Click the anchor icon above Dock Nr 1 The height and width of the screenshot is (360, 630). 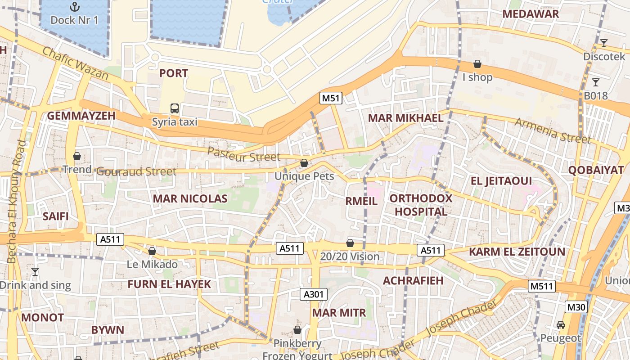pos(74,6)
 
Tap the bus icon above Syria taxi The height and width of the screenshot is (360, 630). pos(175,108)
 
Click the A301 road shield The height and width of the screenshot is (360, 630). pos(314,294)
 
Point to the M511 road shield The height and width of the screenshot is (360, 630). pos(542,286)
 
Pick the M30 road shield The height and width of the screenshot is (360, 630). pos(576,307)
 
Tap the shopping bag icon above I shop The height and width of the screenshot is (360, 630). pos(477,64)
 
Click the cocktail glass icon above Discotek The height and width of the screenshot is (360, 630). pos(603,43)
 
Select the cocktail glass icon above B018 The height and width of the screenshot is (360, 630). pos(596,82)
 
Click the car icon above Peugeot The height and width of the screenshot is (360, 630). pos(561,324)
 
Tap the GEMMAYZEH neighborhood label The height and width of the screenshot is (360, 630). pos(81,116)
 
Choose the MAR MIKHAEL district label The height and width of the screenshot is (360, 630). pos(405,118)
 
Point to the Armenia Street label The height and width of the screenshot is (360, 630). pos(552,131)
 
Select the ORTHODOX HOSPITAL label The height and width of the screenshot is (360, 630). pos(421,205)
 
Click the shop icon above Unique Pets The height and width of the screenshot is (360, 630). pos(304,163)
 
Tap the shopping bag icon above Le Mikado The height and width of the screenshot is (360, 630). pos(152,251)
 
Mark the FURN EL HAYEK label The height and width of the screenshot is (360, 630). pos(169,284)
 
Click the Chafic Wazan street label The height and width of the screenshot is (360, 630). pos(76,63)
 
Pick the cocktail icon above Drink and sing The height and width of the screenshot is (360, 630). pos(35,271)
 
